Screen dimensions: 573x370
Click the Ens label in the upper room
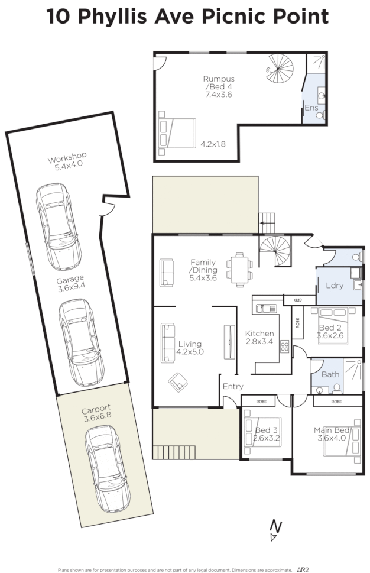311,108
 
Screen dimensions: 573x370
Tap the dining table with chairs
239,269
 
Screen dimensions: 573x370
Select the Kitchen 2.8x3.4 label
259,338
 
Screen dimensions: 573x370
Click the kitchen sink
263,307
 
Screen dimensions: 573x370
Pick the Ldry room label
335,286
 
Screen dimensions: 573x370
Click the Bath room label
330,374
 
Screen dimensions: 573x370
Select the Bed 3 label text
266,430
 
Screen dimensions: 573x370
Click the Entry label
233,387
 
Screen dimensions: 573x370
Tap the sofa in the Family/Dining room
167,272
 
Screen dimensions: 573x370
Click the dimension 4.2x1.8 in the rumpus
213,144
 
